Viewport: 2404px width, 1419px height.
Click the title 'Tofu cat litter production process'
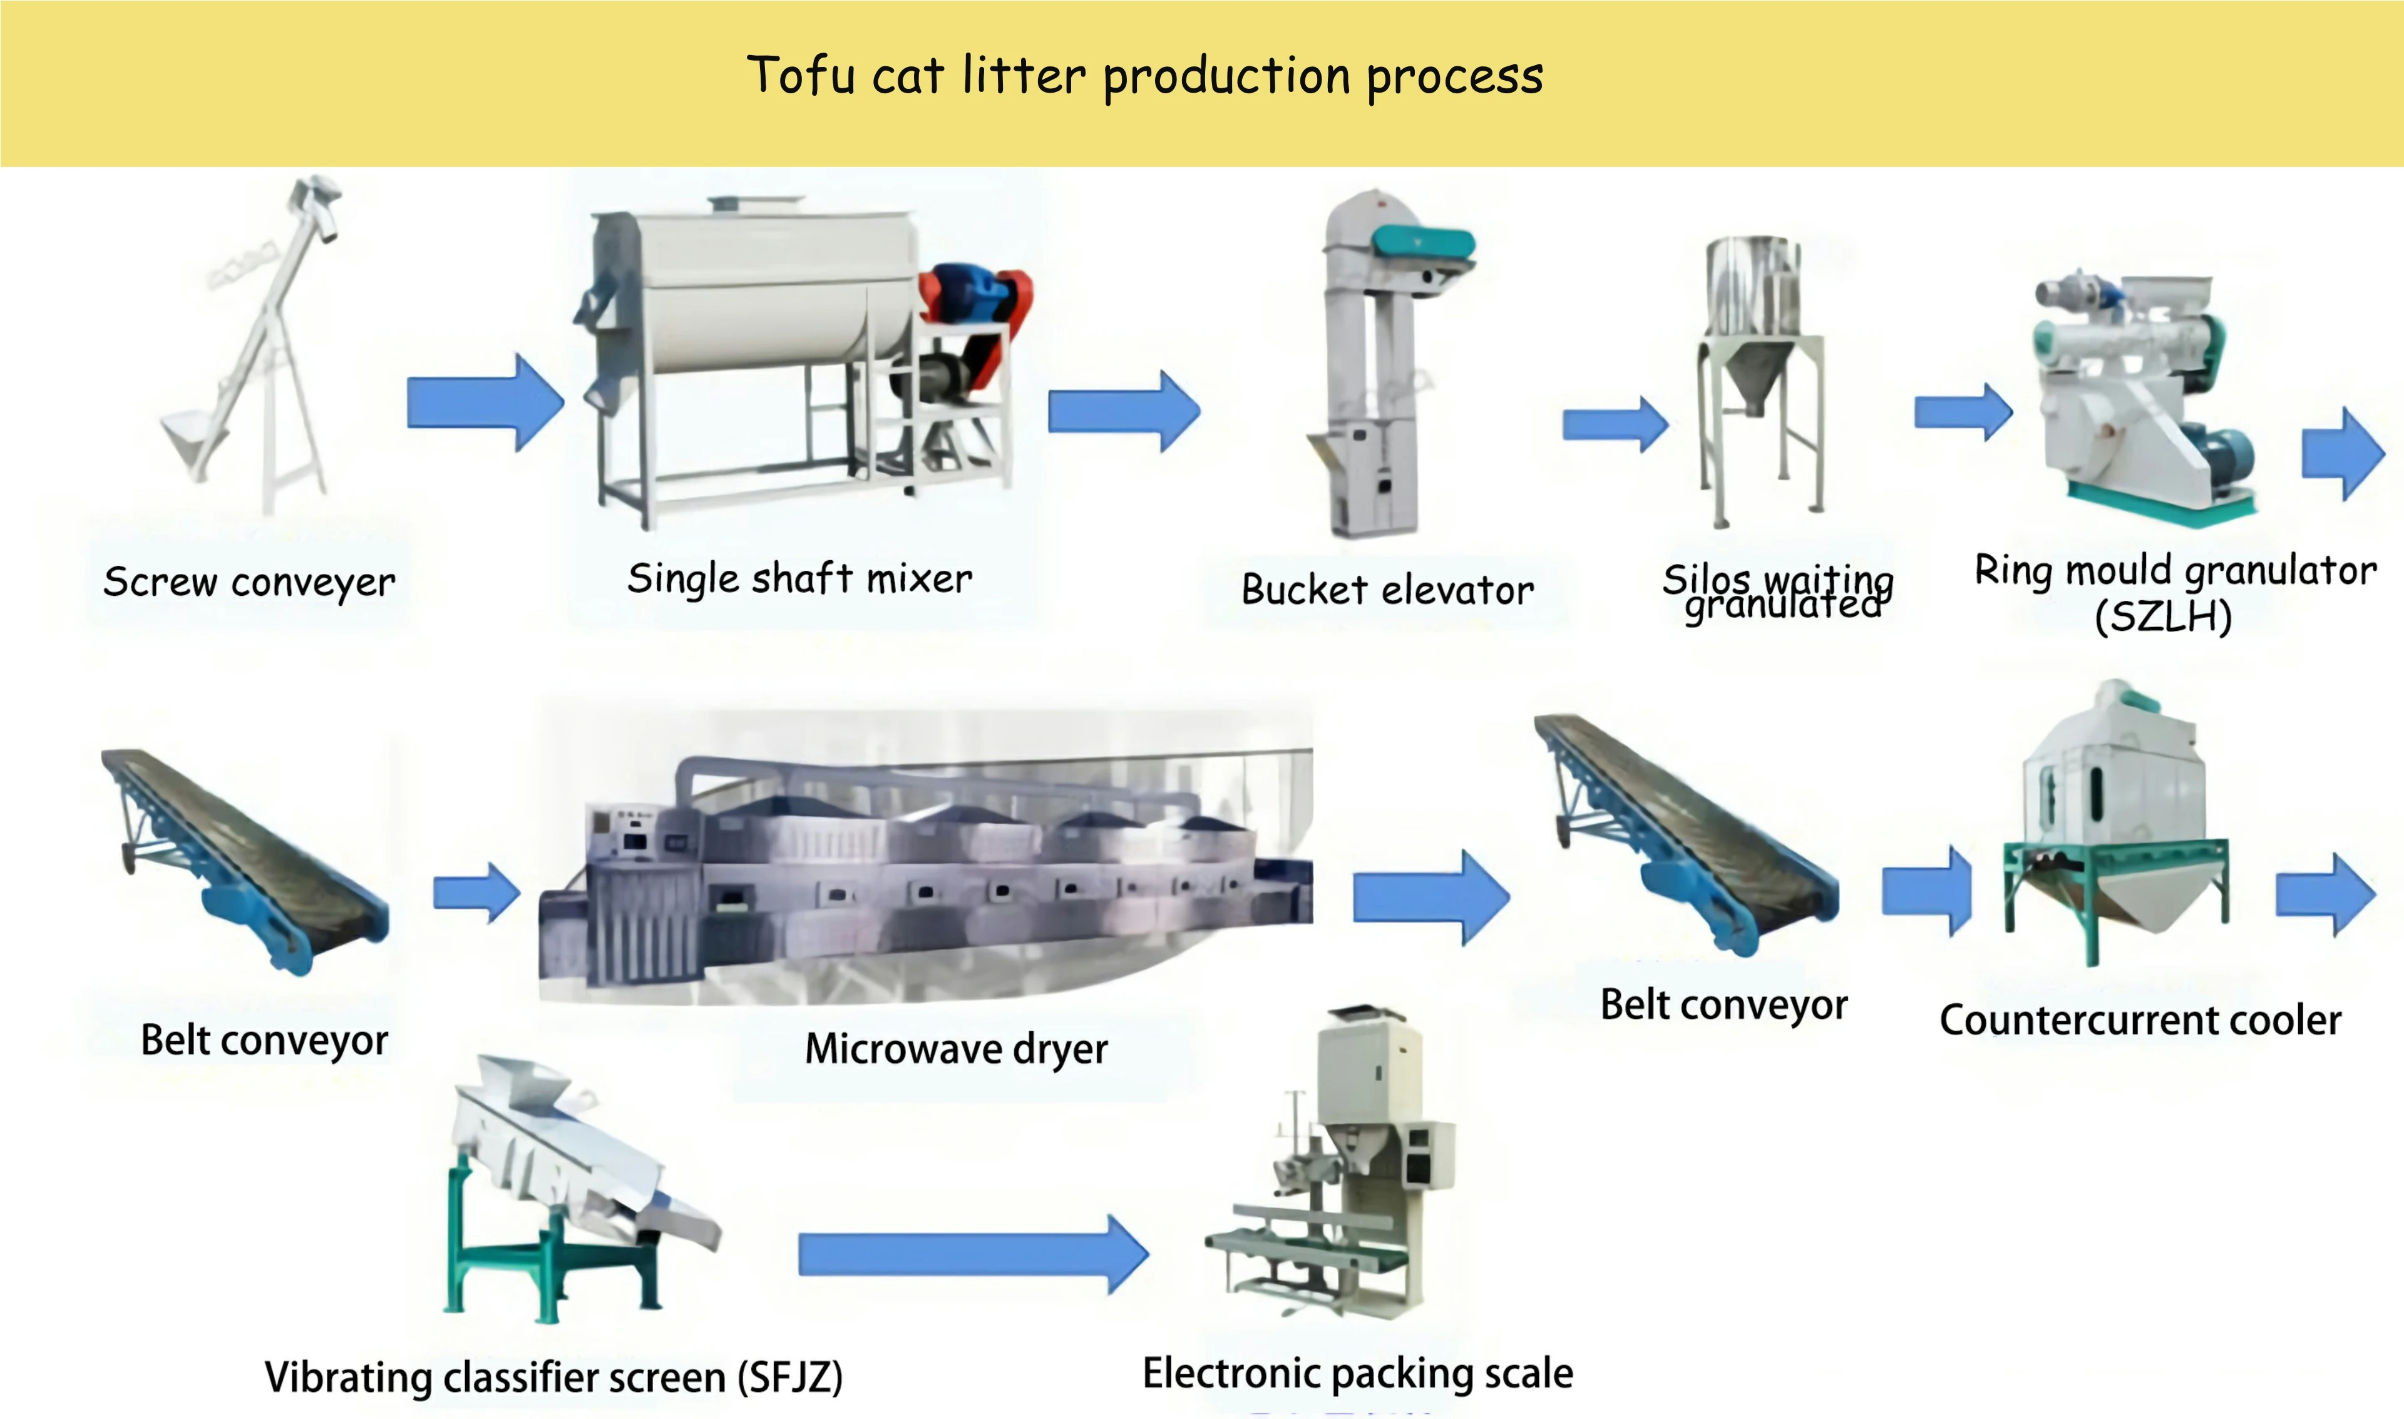click(x=1144, y=76)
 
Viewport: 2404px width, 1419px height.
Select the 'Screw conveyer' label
click(x=249, y=582)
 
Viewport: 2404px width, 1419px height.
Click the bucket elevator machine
click(x=1377, y=363)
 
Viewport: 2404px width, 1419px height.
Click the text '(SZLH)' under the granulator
click(x=2163, y=617)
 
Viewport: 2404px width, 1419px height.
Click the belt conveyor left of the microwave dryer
click(x=244, y=861)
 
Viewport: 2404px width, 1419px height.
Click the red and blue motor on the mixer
click(x=975, y=297)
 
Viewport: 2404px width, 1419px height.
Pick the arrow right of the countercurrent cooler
click(x=2324, y=895)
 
